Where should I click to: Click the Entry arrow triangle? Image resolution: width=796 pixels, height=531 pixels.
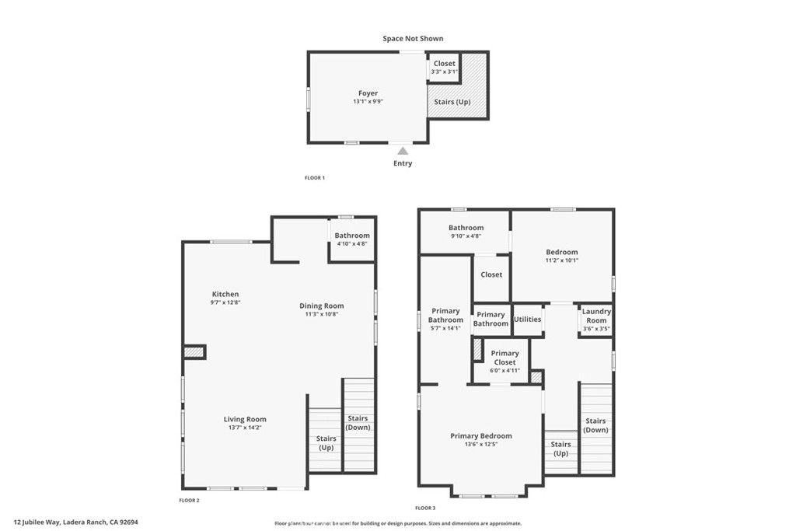tap(403, 151)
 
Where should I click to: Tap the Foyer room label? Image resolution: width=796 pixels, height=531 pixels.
tap(368, 93)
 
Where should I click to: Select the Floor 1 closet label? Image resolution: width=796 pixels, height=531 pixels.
tap(445, 64)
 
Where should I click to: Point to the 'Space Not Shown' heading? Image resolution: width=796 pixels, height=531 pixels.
tap(413, 38)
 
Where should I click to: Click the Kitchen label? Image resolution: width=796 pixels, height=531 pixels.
tap(225, 294)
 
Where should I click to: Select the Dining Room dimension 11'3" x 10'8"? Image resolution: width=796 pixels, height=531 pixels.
tap(322, 315)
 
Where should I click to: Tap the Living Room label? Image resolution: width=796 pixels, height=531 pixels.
tap(245, 419)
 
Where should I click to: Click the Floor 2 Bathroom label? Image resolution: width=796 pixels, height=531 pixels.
tap(352, 236)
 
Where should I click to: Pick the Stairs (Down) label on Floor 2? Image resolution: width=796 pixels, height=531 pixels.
tap(358, 422)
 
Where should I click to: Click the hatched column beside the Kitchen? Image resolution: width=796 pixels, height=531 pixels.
tap(194, 352)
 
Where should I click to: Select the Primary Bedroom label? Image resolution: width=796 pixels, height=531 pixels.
tap(481, 436)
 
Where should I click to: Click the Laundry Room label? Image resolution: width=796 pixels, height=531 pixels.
tap(596, 316)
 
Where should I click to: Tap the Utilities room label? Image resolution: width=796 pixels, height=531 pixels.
tap(527, 320)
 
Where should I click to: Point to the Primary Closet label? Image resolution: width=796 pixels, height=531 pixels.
tap(504, 358)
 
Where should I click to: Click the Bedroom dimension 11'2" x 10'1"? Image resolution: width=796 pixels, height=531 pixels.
tap(561, 260)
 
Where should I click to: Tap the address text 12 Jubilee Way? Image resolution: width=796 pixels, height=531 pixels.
tap(81, 522)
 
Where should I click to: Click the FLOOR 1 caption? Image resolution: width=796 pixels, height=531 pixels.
tap(314, 178)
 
